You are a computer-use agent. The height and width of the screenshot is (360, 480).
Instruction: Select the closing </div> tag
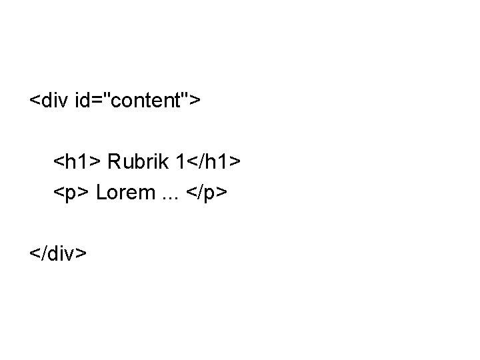click(58, 253)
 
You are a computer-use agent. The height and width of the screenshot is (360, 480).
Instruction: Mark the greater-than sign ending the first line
click(195, 102)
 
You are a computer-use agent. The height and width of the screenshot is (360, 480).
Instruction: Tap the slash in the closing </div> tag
click(43, 253)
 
